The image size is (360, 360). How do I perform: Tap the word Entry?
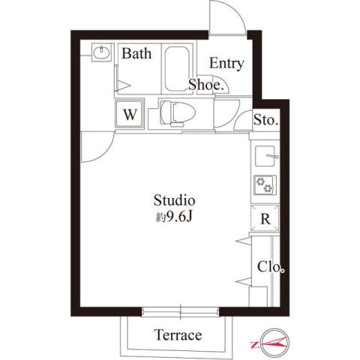[x=226, y=63]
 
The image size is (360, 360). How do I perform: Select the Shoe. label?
[x=206, y=85]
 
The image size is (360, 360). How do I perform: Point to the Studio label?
[x=175, y=201]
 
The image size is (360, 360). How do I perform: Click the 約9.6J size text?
[x=175, y=219]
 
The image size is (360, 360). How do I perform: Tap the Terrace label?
[x=178, y=334]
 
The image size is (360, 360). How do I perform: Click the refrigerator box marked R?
[x=265, y=220]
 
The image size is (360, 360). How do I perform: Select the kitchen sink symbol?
[x=266, y=157]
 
